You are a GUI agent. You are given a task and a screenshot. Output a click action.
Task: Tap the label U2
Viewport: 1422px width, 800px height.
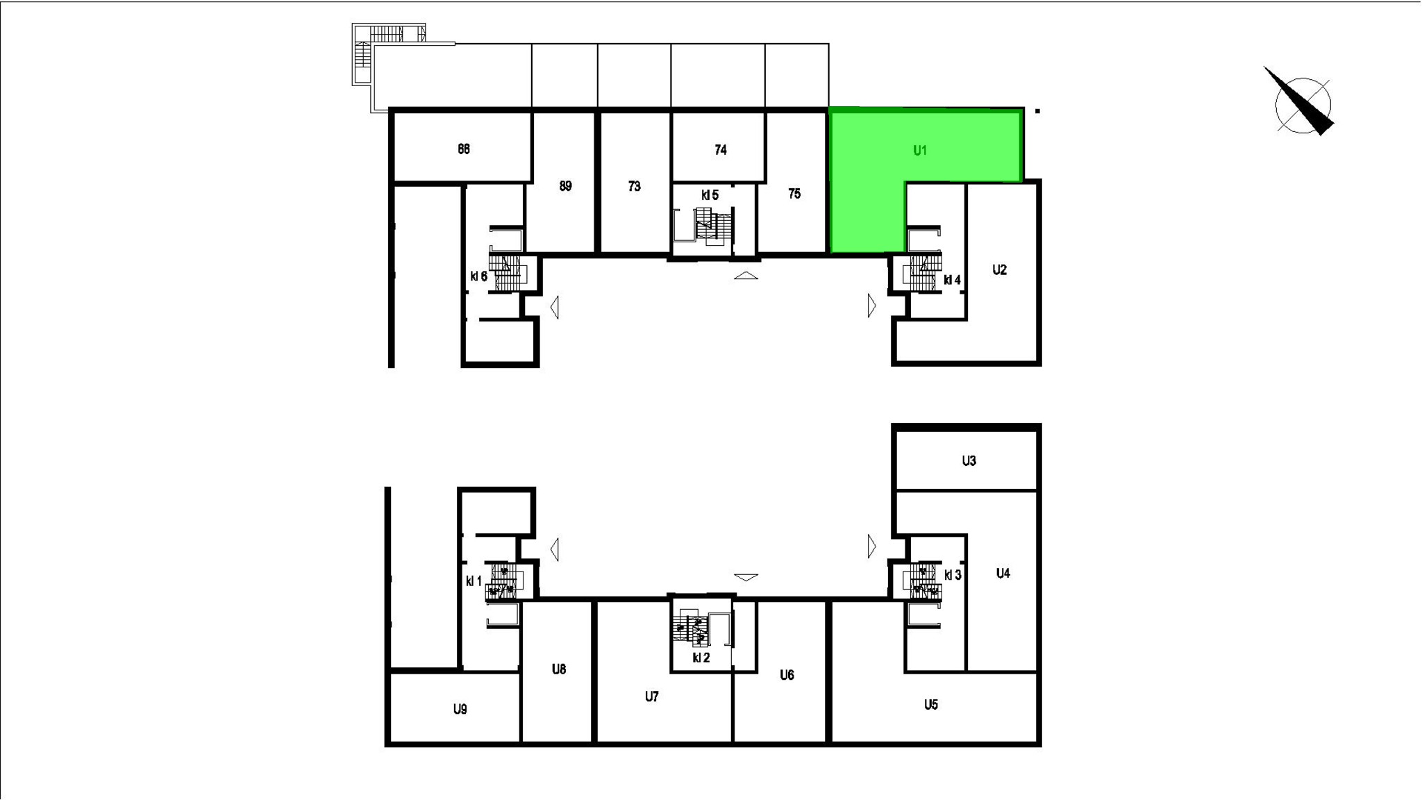click(999, 270)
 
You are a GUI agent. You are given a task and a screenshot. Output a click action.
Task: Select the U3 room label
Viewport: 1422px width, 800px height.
click(969, 460)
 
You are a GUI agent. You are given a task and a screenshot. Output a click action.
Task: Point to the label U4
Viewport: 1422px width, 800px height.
click(1003, 574)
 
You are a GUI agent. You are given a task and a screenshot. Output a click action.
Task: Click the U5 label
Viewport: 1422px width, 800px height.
click(931, 705)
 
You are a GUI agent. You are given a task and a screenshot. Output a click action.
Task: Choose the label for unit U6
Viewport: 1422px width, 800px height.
click(787, 675)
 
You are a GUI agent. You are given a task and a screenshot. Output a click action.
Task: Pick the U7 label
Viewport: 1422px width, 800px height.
click(651, 697)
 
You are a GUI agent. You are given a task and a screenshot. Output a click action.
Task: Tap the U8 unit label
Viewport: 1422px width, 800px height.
click(559, 669)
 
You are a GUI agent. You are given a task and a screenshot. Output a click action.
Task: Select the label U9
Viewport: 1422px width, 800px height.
click(460, 709)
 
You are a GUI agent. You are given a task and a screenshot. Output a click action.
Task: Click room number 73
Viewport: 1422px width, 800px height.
click(634, 186)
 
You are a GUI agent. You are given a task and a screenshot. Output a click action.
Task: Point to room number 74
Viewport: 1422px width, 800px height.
click(721, 150)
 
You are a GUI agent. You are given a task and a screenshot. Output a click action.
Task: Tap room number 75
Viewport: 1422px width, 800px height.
click(794, 194)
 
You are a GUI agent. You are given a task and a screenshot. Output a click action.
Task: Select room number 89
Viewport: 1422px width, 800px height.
click(565, 186)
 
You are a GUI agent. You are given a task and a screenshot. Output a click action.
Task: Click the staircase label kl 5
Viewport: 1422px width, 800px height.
click(710, 195)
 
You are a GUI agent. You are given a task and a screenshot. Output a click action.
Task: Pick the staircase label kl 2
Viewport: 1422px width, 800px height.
click(701, 658)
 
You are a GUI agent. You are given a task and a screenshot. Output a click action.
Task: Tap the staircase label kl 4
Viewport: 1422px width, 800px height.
click(952, 281)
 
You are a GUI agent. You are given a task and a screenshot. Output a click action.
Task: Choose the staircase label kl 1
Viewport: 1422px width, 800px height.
click(474, 581)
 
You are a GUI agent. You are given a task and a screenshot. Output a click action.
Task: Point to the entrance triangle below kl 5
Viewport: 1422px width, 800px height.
click(746, 276)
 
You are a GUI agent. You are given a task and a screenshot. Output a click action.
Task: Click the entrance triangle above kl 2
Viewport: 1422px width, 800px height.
click(746, 577)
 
